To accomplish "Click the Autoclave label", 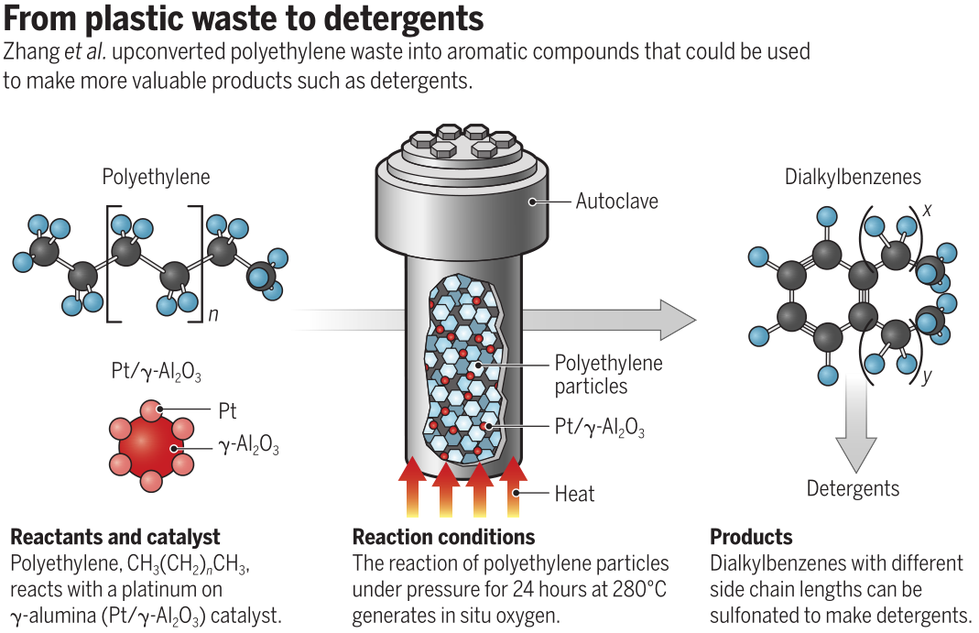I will [x=616, y=201].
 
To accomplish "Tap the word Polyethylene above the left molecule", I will [x=156, y=177].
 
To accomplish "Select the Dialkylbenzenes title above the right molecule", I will [x=853, y=177].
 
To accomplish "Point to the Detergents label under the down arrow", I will [x=853, y=488].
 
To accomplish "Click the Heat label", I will [x=574, y=494].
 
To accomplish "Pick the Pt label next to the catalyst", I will [x=228, y=412].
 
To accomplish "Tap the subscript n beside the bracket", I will [x=212, y=315].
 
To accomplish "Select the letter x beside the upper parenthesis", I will [x=927, y=210].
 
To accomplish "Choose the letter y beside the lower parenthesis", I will [x=927, y=377].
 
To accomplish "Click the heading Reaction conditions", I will [x=443, y=537].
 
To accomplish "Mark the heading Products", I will [x=751, y=537].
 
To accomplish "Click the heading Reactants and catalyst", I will [x=115, y=537].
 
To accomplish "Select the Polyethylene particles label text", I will [x=608, y=375].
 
